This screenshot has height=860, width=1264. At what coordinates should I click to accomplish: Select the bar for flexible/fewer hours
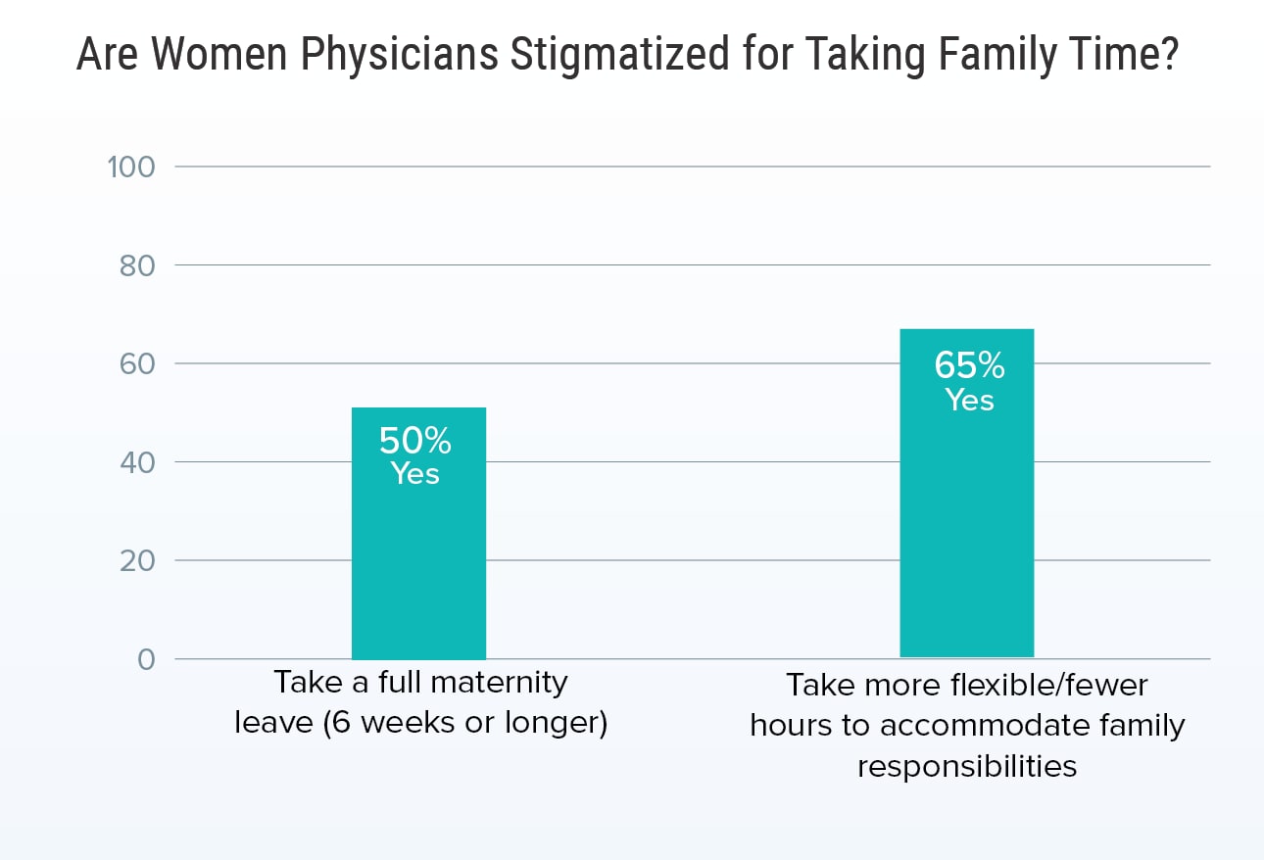[966, 529]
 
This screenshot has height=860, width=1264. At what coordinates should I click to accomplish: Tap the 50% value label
[415, 442]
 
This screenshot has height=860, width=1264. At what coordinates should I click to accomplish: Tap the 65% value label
[969, 365]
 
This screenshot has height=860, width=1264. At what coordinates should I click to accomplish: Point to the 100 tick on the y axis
[130, 167]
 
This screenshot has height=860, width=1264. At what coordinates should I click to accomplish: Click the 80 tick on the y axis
[135, 265]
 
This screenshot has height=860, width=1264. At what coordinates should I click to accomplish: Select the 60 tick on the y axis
[135, 363]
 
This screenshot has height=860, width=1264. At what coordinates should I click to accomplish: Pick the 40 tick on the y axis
[135, 462]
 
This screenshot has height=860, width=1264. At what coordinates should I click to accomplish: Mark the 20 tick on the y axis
[135, 561]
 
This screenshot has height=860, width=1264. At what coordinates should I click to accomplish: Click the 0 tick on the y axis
[146, 660]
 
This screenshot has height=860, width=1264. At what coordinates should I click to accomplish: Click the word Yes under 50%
[415, 474]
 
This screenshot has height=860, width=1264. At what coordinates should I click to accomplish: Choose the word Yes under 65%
[969, 400]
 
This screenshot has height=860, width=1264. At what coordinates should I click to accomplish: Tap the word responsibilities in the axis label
[967, 766]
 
